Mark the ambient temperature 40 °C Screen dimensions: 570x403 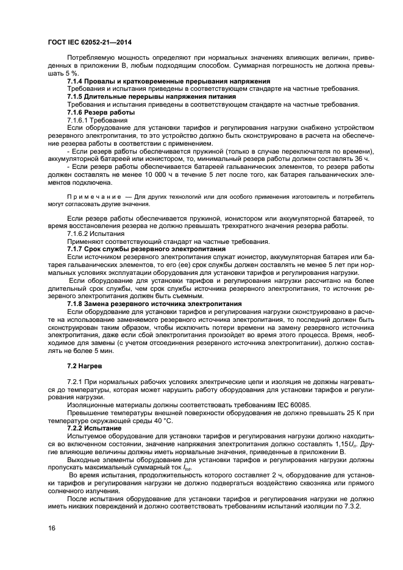coord(162,421)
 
